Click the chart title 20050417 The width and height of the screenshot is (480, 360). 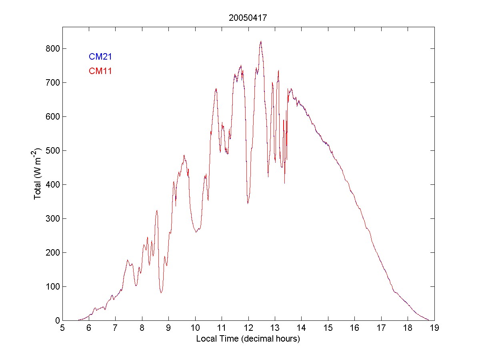click(x=248, y=18)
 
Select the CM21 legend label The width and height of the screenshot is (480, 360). click(x=100, y=56)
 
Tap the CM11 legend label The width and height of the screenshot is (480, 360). click(x=100, y=71)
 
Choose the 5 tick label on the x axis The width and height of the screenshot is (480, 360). click(x=62, y=328)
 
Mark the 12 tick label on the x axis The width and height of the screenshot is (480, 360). click(x=248, y=328)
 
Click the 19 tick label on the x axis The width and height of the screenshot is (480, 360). click(x=434, y=328)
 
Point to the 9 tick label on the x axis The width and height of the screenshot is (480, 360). click(x=168, y=328)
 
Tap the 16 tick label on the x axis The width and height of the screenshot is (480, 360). click(x=354, y=328)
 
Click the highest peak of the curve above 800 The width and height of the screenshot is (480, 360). click(x=261, y=41)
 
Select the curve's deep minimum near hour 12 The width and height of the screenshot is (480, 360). click(x=248, y=203)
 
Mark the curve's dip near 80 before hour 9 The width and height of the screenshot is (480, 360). click(x=161, y=293)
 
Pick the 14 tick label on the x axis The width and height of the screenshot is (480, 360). click(x=301, y=328)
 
